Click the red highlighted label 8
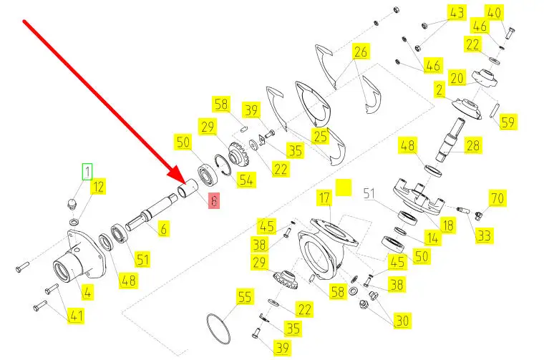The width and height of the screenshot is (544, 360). (214, 201)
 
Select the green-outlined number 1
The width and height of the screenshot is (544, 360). (87, 172)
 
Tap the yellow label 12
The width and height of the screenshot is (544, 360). (99, 187)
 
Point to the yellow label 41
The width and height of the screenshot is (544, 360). (76, 316)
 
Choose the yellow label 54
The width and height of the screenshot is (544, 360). (246, 180)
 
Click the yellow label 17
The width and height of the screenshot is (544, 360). (325, 198)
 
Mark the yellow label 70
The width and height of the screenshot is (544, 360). (497, 198)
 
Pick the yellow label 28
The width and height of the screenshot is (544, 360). (473, 145)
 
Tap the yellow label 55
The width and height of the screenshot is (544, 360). (245, 296)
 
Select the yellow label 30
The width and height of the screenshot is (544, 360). (402, 321)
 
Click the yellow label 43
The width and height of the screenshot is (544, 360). (457, 13)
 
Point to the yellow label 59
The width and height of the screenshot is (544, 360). (508, 122)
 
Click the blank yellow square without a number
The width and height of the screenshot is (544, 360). (344, 188)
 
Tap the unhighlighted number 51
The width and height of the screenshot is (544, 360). (369, 193)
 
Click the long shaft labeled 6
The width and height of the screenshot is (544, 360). (152, 211)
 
